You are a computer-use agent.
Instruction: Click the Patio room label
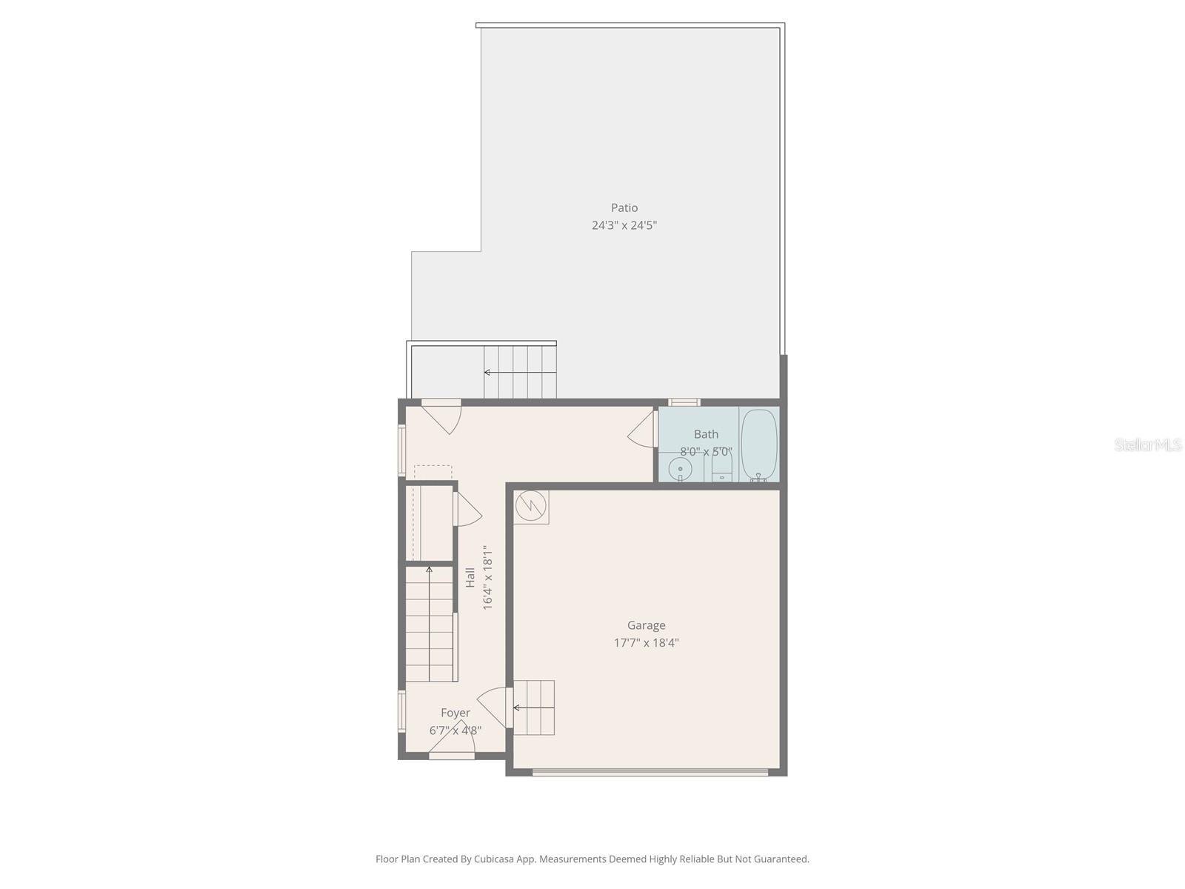(x=624, y=208)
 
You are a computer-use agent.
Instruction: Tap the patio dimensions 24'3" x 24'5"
(x=624, y=225)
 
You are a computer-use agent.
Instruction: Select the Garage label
(x=646, y=626)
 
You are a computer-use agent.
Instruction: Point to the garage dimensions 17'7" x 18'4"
(x=646, y=643)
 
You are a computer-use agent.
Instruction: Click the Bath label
(x=706, y=435)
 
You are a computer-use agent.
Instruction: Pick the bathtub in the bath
(x=759, y=444)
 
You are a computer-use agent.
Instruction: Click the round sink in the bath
(x=680, y=469)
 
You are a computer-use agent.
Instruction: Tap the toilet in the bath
(x=721, y=467)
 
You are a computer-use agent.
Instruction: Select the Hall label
(x=470, y=578)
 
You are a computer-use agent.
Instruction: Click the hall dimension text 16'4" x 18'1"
(x=487, y=578)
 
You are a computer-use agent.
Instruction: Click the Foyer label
(x=455, y=713)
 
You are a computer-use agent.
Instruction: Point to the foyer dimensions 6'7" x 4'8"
(x=455, y=730)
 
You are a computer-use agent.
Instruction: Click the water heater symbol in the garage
(x=531, y=506)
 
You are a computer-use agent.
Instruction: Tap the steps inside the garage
(x=534, y=707)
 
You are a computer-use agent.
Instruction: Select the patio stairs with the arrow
(x=519, y=372)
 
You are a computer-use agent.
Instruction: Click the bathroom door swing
(x=643, y=430)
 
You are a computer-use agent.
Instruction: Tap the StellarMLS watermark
(x=1147, y=445)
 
